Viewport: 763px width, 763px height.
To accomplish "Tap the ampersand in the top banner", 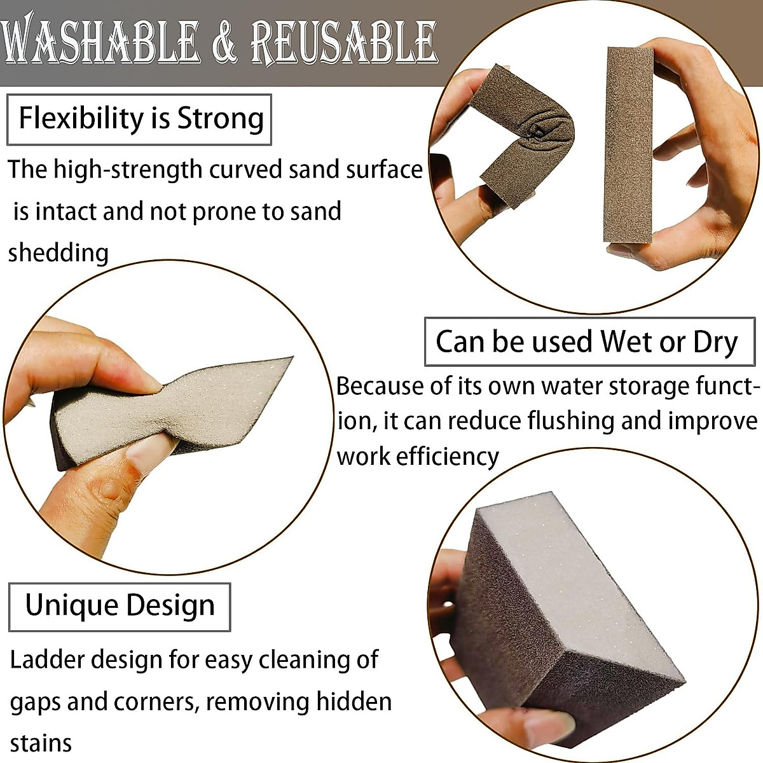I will coord(224,43).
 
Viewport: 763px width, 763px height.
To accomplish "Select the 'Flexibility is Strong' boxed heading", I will coord(140,119).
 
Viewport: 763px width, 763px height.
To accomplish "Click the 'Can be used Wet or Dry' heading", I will coord(588,341).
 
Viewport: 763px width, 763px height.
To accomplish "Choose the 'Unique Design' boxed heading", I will coord(120,605).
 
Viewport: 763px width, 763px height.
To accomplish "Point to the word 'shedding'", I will coord(58,252).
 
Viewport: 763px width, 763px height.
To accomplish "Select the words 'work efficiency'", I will coord(417,456).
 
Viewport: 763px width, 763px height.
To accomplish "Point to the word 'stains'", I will coord(41,743).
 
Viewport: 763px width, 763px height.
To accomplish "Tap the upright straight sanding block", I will coord(628,145).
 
